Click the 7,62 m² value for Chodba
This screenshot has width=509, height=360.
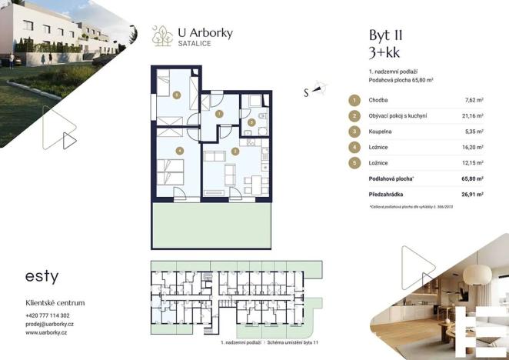pyautogui.click(x=474, y=100)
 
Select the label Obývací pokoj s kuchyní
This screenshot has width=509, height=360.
pyautogui.click(x=398, y=116)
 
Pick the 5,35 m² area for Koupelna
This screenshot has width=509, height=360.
pyautogui.click(x=474, y=132)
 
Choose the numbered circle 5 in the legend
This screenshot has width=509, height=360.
pyautogui.click(x=354, y=163)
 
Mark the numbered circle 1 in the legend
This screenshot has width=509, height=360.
pyautogui.click(x=354, y=100)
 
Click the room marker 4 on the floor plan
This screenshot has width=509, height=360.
pyautogui.click(x=178, y=150)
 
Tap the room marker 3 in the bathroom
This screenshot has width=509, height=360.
pyautogui.click(x=251, y=122)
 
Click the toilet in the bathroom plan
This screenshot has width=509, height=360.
pyautogui.click(x=261, y=116)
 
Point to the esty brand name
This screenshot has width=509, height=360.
pyautogui.click(x=42, y=275)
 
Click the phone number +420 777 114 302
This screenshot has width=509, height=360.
pyautogui.click(x=48, y=315)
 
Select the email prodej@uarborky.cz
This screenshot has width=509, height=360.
pyautogui.click(x=50, y=324)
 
